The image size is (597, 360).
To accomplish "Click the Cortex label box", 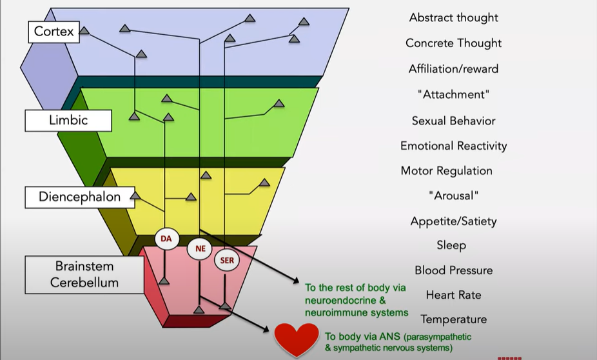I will tap(54, 32).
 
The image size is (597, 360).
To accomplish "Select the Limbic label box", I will tap(68, 120).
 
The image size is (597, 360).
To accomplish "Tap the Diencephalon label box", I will tap(80, 197).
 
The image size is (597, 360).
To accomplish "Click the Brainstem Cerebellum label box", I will tap(84, 274).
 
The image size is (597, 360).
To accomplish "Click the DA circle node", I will tap(165, 239).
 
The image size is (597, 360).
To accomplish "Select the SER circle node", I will tap(226, 261).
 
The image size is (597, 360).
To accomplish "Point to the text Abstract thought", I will tap(453, 17).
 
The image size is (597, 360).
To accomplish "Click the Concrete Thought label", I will tap(453, 43).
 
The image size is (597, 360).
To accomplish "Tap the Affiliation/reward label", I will tap(453, 69).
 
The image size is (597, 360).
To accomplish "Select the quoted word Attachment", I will tap(453, 95).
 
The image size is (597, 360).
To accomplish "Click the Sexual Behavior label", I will tap(453, 121).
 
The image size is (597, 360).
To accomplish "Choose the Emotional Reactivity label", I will tap(453, 146).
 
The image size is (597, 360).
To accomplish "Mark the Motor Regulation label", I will tap(446, 171).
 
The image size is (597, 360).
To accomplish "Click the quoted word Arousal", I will tap(453, 195).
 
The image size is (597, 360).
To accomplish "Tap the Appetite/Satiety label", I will tap(453, 221).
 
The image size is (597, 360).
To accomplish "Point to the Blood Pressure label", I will tap(453, 270).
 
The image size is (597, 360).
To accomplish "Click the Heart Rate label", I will tap(453, 295).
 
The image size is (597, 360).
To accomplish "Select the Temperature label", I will tap(453, 319).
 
